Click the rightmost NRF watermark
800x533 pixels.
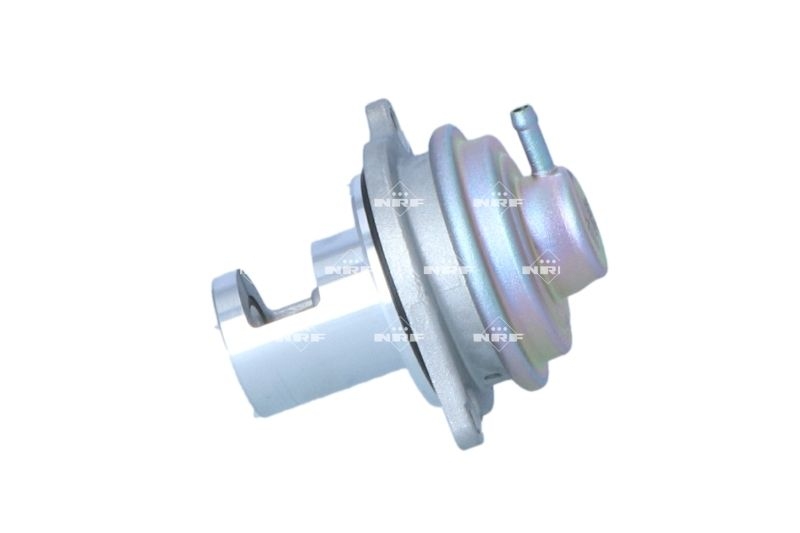pyautogui.click(x=546, y=270)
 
